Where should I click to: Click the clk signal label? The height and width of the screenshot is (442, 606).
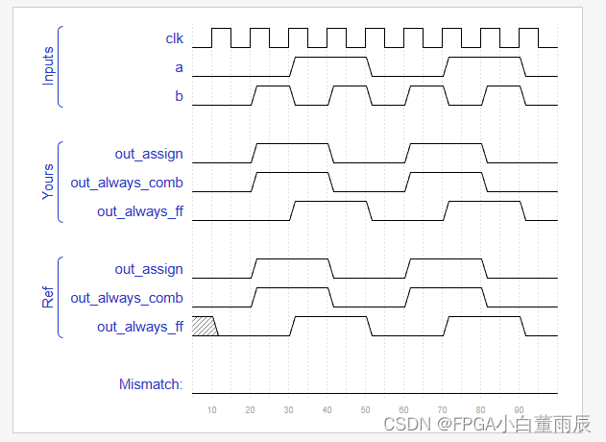point(174,38)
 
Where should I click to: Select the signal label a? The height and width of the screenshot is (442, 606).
point(179,67)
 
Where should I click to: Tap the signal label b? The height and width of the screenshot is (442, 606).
point(179,96)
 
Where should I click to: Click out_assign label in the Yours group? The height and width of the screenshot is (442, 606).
point(149,154)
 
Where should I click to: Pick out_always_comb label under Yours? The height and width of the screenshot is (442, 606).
point(127,183)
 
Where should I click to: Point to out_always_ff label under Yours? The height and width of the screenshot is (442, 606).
point(140,211)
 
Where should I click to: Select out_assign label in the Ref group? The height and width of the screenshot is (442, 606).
point(149,269)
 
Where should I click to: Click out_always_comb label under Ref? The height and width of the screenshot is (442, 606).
point(127,298)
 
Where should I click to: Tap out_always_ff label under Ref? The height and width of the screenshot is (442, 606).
point(140,327)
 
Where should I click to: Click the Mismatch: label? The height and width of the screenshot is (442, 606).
point(151,384)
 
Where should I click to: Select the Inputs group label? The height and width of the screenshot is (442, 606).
point(48,66)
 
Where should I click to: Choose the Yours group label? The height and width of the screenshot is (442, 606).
point(48,183)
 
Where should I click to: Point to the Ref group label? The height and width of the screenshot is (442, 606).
point(48,298)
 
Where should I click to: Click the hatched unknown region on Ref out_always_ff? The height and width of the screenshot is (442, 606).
point(204,326)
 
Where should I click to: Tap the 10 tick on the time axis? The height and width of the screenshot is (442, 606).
point(212,409)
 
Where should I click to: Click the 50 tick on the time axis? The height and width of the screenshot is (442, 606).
point(366,409)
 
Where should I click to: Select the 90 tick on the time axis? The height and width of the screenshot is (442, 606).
point(520,409)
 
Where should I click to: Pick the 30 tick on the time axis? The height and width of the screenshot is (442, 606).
point(289,409)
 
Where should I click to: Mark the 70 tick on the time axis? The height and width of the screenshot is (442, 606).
point(443,409)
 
